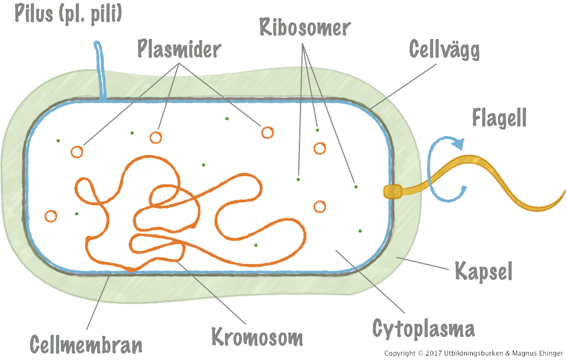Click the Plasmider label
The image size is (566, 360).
(179, 49)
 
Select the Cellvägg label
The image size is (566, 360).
(444, 50)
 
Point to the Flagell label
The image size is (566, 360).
(499, 117)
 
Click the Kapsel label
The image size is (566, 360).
(483, 272)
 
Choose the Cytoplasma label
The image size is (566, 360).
(423, 329)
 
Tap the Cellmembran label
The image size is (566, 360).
(86, 345)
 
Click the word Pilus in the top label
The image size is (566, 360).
(33, 14)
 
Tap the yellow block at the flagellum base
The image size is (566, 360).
(393, 192)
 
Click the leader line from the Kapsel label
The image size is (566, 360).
(422, 263)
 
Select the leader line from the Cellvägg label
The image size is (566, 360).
(404, 87)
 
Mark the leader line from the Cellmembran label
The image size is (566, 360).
(98, 301)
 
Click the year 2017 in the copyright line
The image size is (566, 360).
(433, 353)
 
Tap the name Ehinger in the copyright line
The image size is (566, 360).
(551, 353)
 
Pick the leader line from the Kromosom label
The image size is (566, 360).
(211, 292)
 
